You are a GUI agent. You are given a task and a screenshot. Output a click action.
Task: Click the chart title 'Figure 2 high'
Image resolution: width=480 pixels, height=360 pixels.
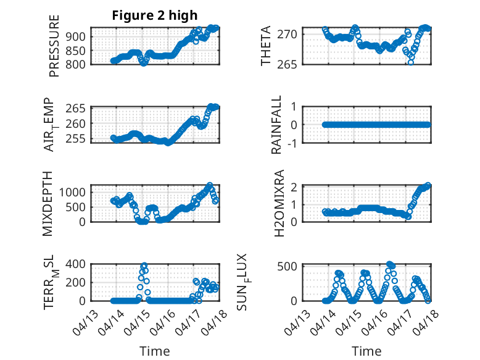(x=155, y=15)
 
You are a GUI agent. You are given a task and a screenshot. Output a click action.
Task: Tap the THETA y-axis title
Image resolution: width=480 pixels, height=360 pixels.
(x=266, y=46)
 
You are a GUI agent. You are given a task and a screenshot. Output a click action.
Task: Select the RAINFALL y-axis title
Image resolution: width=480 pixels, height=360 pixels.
(x=277, y=125)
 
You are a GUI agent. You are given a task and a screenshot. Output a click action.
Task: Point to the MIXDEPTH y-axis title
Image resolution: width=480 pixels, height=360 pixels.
(x=48, y=203)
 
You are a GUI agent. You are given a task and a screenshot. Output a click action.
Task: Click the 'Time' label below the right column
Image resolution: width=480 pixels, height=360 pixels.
(x=366, y=351)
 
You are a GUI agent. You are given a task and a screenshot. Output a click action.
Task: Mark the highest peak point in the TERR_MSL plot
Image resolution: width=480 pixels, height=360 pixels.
(x=144, y=266)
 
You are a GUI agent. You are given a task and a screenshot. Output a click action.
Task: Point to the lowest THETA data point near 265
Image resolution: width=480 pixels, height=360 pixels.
(x=411, y=62)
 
